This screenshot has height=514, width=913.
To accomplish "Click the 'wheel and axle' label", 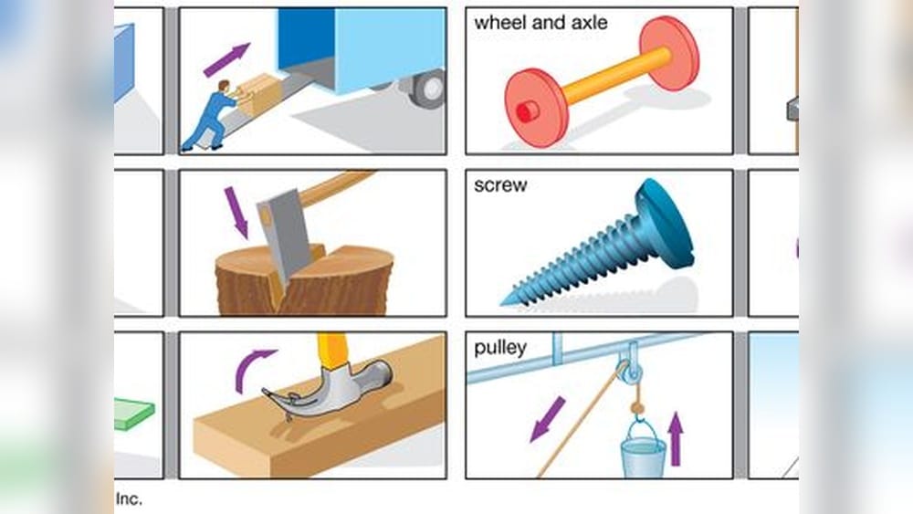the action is click(x=540, y=23).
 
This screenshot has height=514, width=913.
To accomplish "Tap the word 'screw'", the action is click(x=500, y=185).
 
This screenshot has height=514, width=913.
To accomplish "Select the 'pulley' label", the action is click(x=500, y=348).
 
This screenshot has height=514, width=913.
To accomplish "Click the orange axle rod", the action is click(x=617, y=75).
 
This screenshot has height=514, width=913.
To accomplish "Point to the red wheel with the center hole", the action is click(x=536, y=108).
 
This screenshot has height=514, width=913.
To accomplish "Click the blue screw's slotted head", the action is click(x=664, y=223).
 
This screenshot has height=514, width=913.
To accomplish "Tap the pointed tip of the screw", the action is click(x=503, y=303).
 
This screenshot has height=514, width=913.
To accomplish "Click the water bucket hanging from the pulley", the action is click(x=643, y=449).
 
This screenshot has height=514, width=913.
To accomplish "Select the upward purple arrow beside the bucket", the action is click(x=676, y=439).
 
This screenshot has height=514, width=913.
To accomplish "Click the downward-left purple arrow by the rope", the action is click(x=547, y=419).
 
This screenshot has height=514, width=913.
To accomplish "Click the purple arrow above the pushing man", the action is click(x=227, y=60).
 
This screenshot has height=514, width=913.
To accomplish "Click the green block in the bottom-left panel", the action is click(x=134, y=414).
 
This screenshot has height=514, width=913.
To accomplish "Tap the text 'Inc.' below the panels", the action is click(x=129, y=498).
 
